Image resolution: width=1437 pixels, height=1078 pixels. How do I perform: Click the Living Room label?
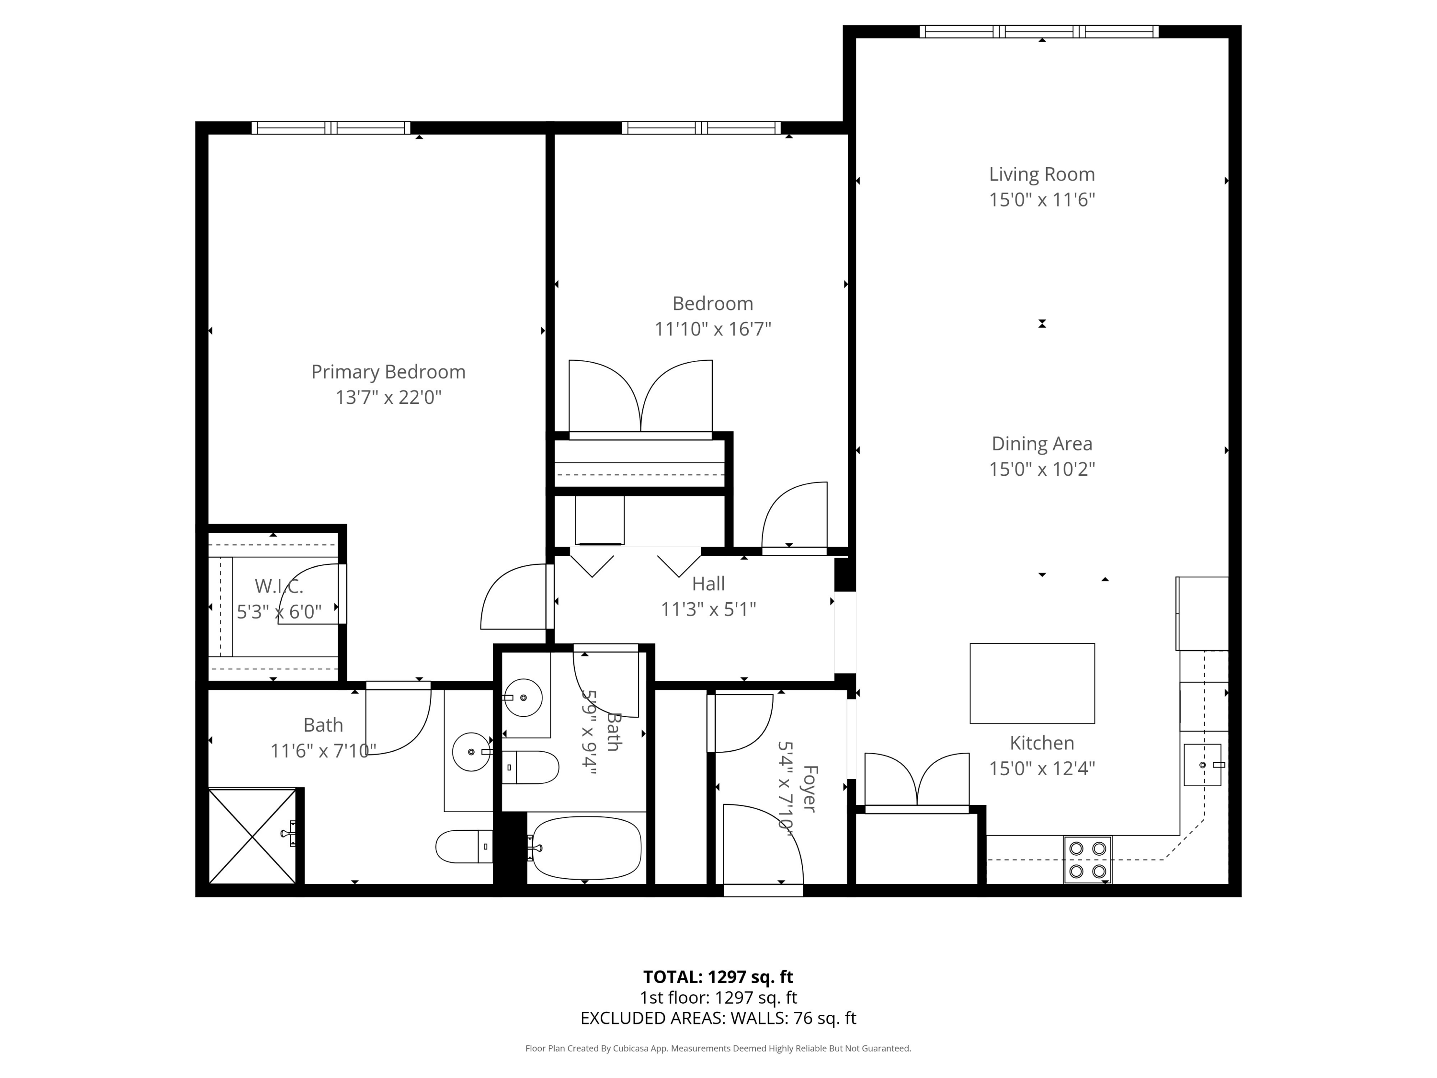click(x=1041, y=174)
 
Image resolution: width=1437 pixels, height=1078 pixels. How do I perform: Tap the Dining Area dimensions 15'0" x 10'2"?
click(x=1041, y=469)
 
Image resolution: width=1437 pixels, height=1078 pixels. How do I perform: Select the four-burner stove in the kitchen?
click(x=1087, y=859)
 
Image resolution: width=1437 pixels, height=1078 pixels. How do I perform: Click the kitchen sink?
click(x=1202, y=765)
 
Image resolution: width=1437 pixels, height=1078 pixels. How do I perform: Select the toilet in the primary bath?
click(x=463, y=847)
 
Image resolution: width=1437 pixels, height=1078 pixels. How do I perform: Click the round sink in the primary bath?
click(x=471, y=752)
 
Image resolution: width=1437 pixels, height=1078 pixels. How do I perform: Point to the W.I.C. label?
click(x=279, y=586)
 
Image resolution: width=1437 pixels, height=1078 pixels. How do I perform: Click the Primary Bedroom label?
click(x=388, y=372)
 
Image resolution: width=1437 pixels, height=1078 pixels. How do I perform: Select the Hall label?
click(x=708, y=584)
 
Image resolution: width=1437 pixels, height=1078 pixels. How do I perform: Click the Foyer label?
click(x=810, y=788)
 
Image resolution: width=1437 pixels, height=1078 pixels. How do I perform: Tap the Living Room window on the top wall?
click(x=1039, y=31)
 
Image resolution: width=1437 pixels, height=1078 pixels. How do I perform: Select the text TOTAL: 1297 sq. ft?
click(x=718, y=976)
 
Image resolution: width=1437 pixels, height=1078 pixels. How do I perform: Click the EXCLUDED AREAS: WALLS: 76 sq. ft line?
click(x=718, y=1018)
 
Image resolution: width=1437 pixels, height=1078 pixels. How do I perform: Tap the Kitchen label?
click(x=1041, y=743)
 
